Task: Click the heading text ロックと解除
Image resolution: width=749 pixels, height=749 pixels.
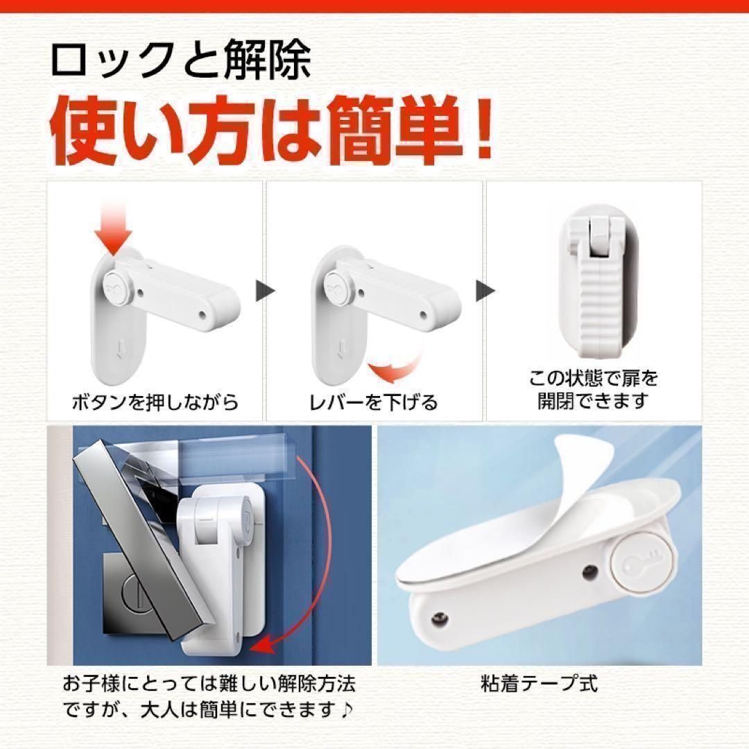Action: click(x=181, y=60)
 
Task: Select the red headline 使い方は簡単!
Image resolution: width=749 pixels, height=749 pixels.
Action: click(x=271, y=130)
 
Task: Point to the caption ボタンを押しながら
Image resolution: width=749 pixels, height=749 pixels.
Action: click(x=155, y=402)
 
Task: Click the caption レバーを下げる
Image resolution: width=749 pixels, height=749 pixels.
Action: click(x=374, y=402)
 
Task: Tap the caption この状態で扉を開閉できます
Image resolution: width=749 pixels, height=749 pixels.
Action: click(x=593, y=389)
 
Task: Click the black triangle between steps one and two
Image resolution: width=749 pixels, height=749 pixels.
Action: click(x=265, y=291)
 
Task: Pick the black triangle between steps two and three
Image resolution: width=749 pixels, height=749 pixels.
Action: click(x=485, y=291)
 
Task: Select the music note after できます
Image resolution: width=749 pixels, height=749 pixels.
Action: click(x=347, y=711)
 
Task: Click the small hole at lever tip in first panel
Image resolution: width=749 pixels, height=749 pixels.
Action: click(x=202, y=315)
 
